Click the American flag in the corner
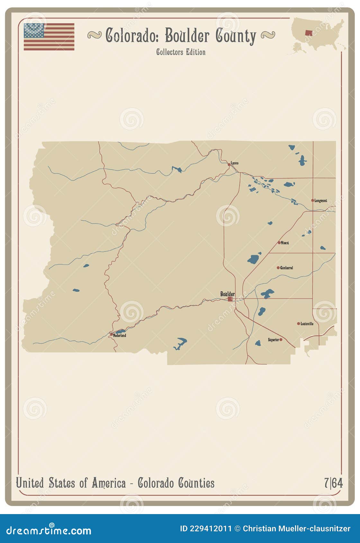(49, 37)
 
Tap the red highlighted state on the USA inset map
(309, 32)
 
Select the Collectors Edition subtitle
(181, 52)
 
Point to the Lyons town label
(235, 163)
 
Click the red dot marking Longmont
(312, 200)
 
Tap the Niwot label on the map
(285, 243)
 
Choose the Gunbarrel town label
(286, 268)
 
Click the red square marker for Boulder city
(230, 299)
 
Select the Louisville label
(307, 324)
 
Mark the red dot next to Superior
(281, 340)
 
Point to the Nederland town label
(120, 335)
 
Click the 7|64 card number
(333, 483)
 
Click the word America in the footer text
(108, 483)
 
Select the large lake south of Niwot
(254, 259)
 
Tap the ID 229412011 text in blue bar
(206, 529)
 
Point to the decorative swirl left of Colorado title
(94, 35)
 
